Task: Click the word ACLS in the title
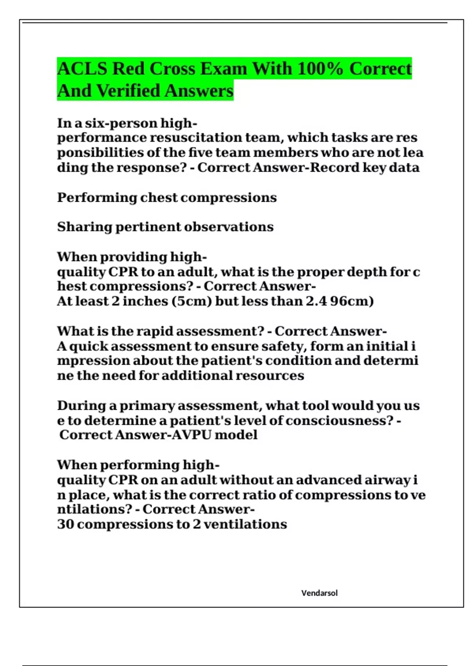[82, 69]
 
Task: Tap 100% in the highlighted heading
[320, 69]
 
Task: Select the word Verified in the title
[128, 91]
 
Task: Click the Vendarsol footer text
[319, 593]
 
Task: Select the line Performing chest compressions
[167, 197]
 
